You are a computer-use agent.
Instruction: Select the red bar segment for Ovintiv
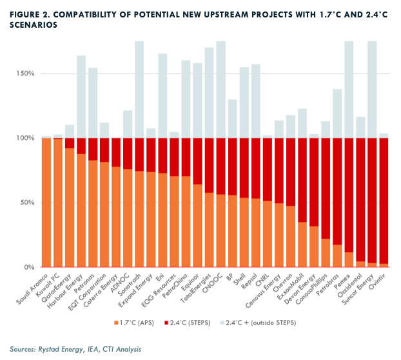[x=384, y=201]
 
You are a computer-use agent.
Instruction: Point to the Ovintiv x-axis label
[x=378, y=280]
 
